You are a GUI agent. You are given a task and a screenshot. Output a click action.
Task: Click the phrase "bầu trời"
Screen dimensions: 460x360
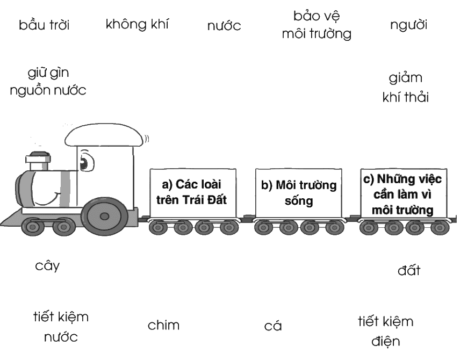44,25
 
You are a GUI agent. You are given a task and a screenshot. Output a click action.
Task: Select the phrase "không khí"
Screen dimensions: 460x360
137,24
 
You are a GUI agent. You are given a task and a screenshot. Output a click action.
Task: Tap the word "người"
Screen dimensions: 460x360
408,25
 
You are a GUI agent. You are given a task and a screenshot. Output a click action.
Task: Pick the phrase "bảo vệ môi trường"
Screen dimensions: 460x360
317,25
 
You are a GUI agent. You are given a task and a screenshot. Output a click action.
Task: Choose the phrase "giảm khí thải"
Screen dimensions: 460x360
406,88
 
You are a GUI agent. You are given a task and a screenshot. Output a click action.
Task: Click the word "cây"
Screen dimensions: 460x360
47,266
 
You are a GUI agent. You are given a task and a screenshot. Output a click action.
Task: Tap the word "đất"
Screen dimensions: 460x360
409,270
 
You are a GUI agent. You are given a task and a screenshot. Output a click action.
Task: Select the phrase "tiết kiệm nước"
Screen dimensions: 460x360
61,327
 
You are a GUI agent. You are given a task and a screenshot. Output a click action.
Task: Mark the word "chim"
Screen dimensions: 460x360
163,325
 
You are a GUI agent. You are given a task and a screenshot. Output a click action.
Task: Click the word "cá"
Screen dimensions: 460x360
273,326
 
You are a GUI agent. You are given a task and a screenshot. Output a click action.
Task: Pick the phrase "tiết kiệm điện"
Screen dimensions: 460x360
386,332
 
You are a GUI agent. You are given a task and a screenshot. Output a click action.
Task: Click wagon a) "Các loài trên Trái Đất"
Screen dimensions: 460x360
193,193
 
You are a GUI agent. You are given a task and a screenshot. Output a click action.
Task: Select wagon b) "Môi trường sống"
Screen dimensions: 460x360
299,193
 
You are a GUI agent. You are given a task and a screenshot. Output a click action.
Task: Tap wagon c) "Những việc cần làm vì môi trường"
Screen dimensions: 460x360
404,193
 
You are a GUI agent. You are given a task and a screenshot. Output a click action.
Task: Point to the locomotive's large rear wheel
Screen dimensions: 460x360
104,217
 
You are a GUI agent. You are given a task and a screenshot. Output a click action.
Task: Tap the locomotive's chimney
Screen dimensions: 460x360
38,161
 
